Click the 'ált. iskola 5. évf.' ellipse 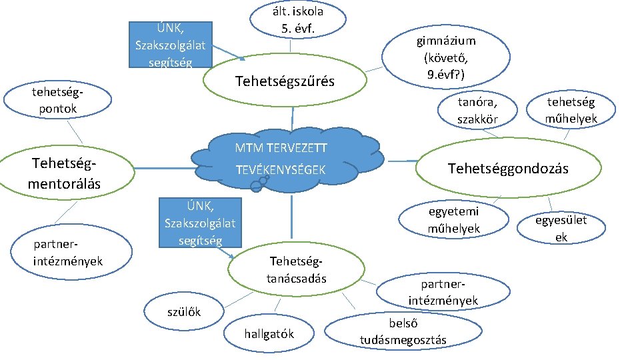pos(298,20)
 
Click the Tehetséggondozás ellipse pos(508,169)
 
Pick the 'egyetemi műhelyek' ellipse pos(453,219)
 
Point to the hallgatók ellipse pos(269,333)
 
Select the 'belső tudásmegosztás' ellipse pos(403,331)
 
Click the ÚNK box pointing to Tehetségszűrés pos(170,45)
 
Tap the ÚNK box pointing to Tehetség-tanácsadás pos(199,223)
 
